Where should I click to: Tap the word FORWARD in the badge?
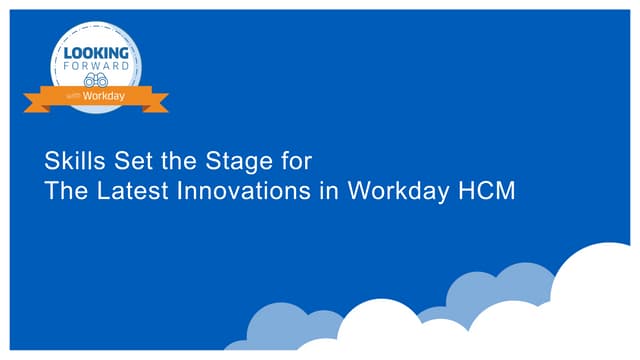point(96,65)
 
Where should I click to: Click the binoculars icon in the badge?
point(96,80)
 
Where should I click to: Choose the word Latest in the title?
point(132,191)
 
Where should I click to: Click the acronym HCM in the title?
point(486,191)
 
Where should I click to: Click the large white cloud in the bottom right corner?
point(600,300)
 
